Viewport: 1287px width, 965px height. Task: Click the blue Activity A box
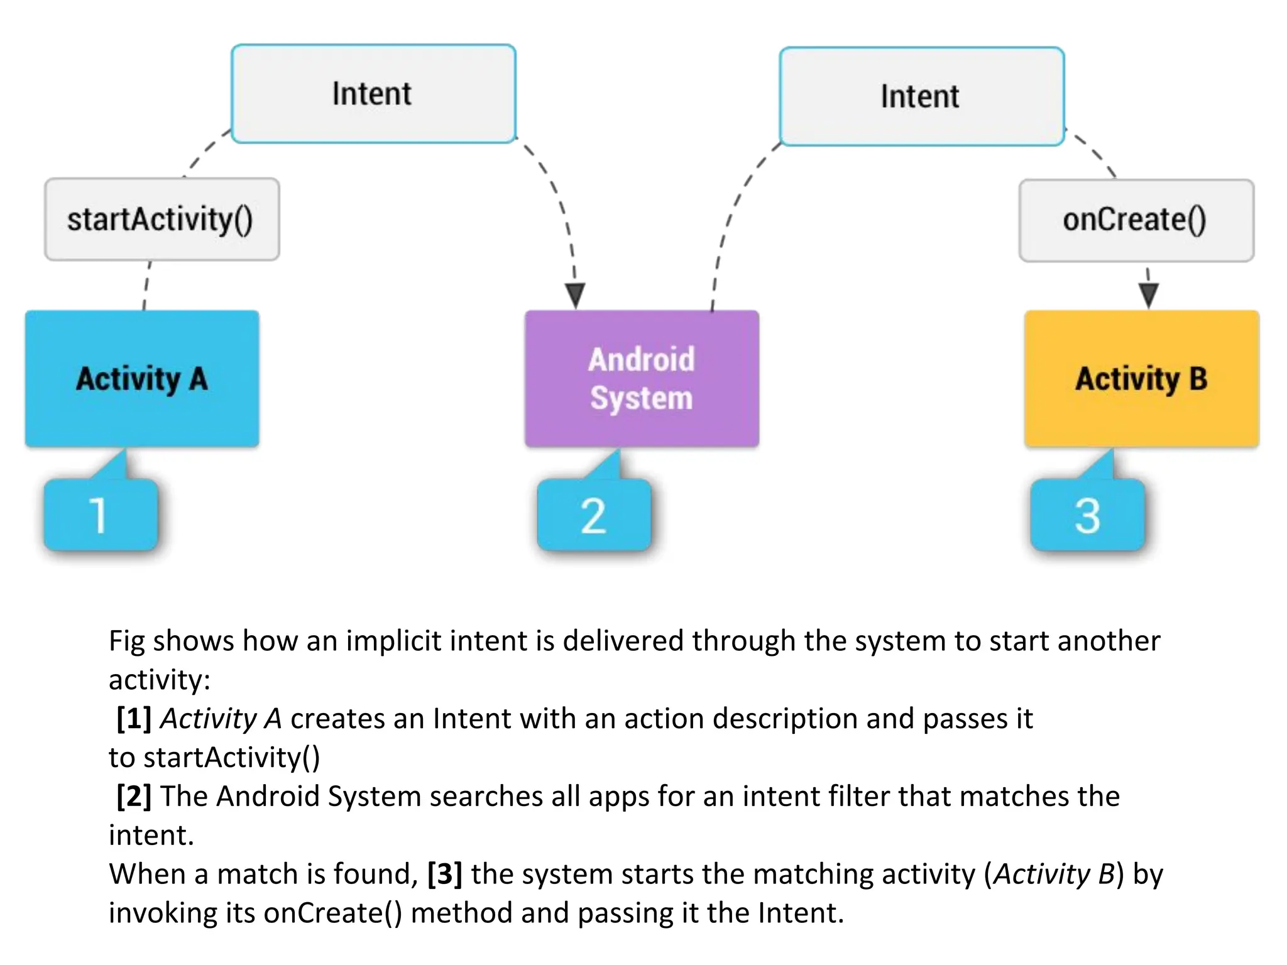coord(142,379)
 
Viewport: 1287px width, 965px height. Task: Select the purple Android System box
coord(642,379)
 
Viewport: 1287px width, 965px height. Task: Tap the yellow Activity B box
coord(1141,379)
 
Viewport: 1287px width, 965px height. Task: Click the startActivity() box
coord(162,219)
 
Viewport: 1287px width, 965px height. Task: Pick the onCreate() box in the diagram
coord(1136,221)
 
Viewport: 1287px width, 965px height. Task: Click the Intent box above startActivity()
coord(373,94)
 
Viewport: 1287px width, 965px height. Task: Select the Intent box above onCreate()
coord(921,96)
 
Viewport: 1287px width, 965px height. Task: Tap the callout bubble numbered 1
coord(101,515)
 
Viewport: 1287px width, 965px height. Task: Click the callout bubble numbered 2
coord(594,515)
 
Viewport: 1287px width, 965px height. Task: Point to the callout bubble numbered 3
coord(1087,515)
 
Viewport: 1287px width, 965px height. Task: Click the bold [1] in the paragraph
coord(134,718)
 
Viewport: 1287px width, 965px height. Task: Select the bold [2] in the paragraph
coord(134,796)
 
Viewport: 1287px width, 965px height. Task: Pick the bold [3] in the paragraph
coord(444,874)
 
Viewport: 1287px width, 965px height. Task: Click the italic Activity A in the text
coord(221,718)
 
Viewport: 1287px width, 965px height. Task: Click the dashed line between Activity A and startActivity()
coord(146,286)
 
